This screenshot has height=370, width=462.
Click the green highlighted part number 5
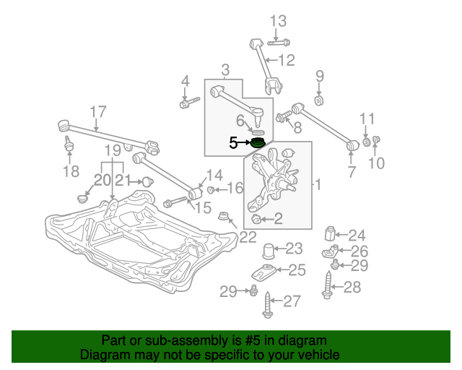click(258, 144)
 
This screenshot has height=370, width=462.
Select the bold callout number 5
click(233, 143)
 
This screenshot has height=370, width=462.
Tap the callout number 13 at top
click(278, 21)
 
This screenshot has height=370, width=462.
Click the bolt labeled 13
click(279, 43)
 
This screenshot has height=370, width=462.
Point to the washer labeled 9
click(319, 100)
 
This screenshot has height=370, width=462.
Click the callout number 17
click(98, 112)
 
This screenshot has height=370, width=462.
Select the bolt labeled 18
click(69, 145)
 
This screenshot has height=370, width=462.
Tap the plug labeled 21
click(147, 182)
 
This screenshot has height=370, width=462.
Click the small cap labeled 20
click(82, 199)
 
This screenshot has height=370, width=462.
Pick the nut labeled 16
click(210, 189)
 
